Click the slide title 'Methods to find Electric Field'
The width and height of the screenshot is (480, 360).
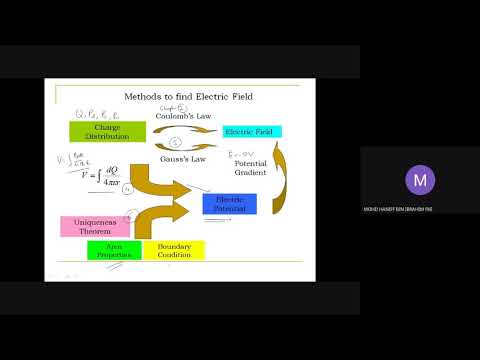click(188, 98)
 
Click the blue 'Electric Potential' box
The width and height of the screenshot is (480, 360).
click(229, 204)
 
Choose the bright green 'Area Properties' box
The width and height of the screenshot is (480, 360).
click(113, 250)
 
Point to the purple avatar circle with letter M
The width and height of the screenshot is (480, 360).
click(419, 180)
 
